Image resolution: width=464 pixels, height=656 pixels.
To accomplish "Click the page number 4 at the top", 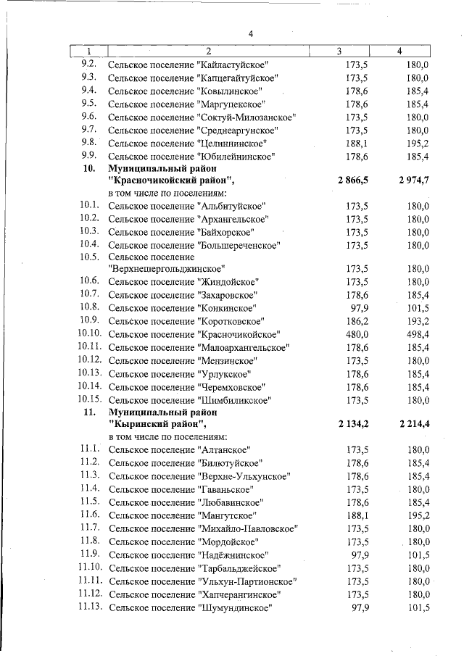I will coord(250,33).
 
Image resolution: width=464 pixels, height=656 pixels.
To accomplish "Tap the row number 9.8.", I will coord(89,143).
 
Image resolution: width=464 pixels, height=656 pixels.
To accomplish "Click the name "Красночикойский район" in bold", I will coord(171,180).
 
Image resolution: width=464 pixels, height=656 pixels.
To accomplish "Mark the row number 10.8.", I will coord(89,307).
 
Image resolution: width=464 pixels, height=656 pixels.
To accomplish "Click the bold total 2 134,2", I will coord(353,424).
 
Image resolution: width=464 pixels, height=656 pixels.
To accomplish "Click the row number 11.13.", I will coord(91,607).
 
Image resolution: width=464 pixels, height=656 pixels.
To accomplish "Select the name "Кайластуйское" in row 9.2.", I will coord(233,65).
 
